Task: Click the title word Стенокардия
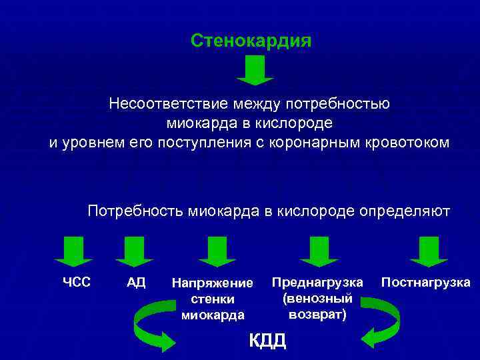(251, 41)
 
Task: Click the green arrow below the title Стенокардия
(255, 70)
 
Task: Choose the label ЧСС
(77, 282)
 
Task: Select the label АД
(135, 282)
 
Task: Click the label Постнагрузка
(425, 282)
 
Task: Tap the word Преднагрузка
(317, 282)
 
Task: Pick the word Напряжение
(213, 283)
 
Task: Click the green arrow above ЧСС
(73, 251)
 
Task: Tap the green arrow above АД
(134, 251)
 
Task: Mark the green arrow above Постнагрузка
(423, 251)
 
